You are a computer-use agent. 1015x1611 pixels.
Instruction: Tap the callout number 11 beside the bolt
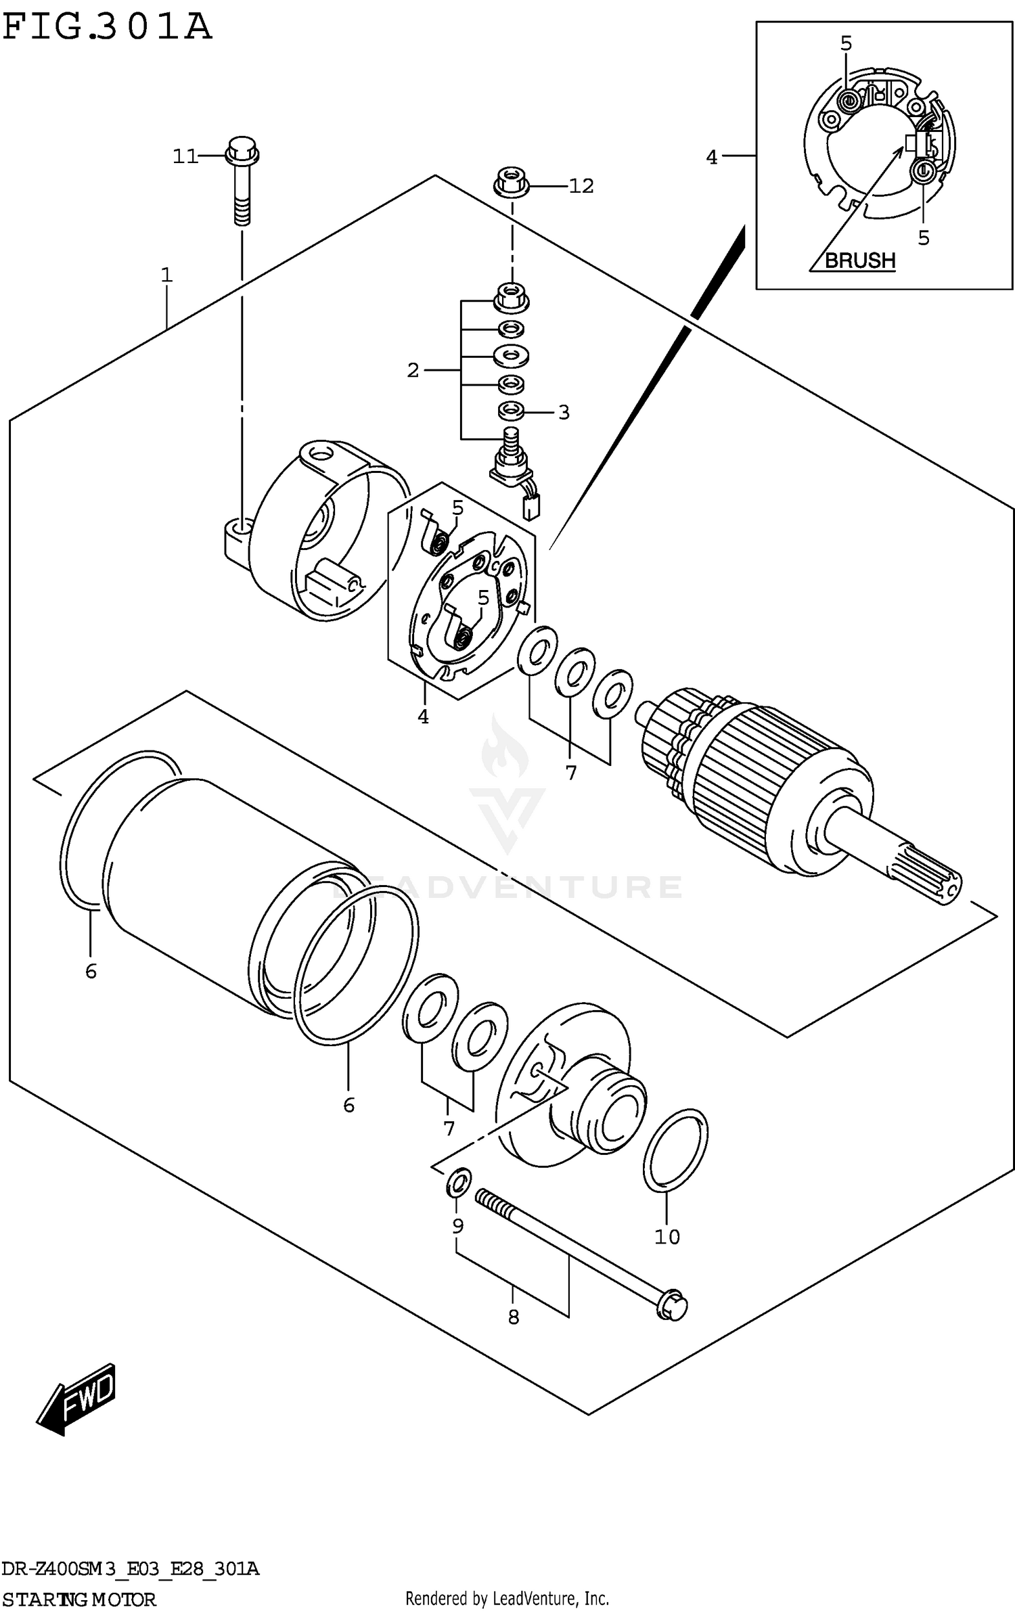(184, 157)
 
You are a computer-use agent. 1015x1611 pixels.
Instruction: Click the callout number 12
(581, 186)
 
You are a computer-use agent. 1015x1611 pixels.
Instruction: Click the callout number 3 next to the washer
(564, 412)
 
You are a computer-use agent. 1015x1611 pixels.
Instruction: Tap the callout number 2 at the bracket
(413, 370)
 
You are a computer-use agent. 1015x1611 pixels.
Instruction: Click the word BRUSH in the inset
(859, 260)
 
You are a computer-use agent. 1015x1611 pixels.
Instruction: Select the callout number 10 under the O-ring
(667, 1237)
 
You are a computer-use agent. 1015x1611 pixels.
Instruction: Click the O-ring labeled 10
(675, 1150)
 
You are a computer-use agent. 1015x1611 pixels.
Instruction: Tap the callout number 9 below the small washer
(458, 1226)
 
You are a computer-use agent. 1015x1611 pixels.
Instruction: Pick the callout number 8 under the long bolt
(513, 1317)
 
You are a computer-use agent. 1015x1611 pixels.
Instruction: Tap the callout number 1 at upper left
(166, 275)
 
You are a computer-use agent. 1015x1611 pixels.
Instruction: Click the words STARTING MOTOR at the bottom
(78, 1599)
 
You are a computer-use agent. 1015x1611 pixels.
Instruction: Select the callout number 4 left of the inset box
(711, 158)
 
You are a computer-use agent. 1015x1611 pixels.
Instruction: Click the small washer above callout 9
(458, 1182)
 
